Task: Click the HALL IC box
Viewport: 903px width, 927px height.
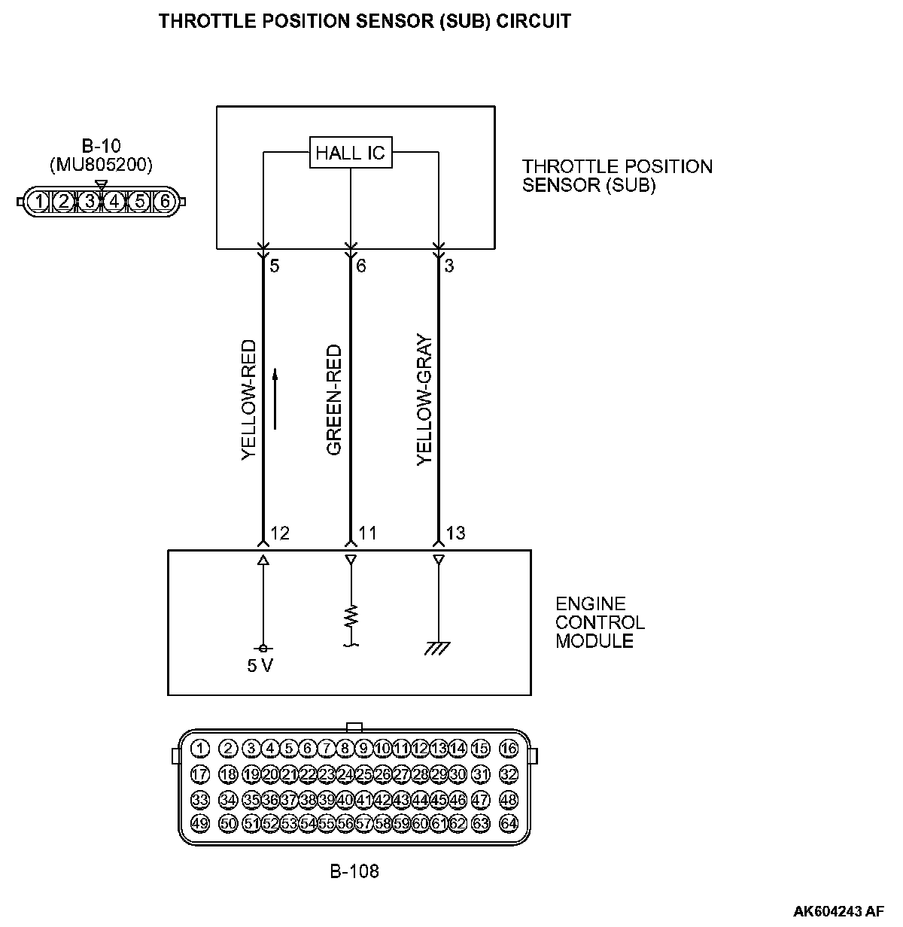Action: [350, 153]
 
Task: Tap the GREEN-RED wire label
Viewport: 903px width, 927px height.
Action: [335, 400]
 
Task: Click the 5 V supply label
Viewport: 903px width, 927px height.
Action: [260, 666]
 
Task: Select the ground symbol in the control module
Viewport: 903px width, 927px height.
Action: [437, 648]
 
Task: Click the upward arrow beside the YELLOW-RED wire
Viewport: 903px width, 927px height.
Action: [275, 399]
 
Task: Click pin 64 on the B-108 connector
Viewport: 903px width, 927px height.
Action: [509, 822]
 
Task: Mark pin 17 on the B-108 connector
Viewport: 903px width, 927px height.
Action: [199, 774]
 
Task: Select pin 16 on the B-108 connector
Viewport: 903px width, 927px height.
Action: [509, 748]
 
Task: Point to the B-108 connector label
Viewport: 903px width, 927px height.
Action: [354, 872]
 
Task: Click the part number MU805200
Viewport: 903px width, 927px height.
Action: [101, 164]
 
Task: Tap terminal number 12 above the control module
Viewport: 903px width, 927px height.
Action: [280, 533]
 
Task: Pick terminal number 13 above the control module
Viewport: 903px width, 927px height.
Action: [455, 533]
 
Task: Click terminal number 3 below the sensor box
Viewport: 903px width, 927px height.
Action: [449, 266]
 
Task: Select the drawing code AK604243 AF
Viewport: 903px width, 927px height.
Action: [838, 911]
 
